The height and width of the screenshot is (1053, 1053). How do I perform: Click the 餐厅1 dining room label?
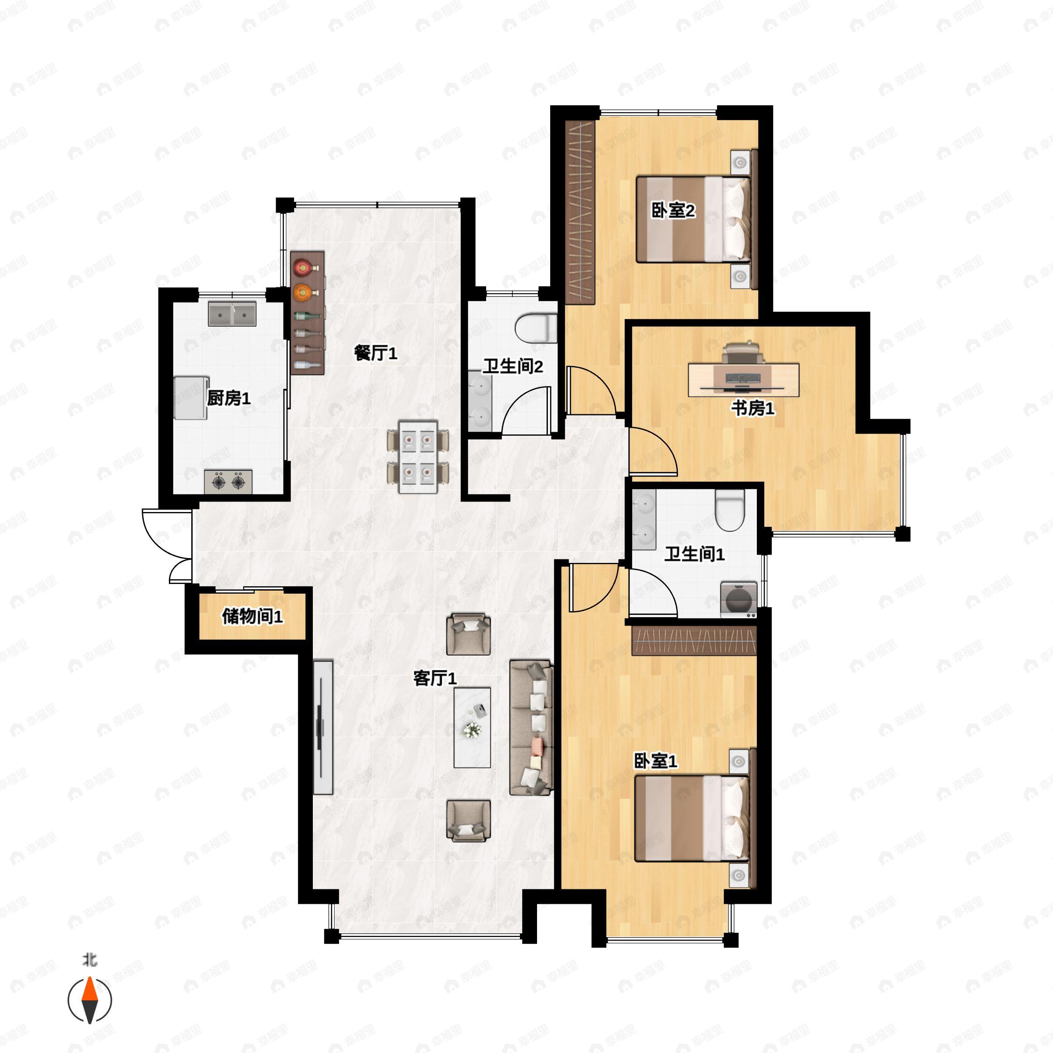(376, 353)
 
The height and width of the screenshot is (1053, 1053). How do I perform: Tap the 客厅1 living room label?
(435, 678)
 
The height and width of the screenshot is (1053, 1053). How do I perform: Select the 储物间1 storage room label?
(252, 616)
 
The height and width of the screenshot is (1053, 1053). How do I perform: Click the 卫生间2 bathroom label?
(513, 366)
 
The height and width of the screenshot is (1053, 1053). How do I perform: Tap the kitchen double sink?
(232, 314)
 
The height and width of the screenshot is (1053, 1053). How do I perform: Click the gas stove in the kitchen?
(228, 482)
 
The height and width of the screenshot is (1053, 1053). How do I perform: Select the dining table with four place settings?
(418, 457)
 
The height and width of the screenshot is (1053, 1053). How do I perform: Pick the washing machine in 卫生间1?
(738, 599)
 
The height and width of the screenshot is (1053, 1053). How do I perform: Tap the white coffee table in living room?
(472, 727)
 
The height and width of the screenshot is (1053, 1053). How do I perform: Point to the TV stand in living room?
(323, 727)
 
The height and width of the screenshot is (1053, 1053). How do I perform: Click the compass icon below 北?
(90, 1000)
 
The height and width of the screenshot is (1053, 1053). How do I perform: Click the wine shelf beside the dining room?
(308, 312)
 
